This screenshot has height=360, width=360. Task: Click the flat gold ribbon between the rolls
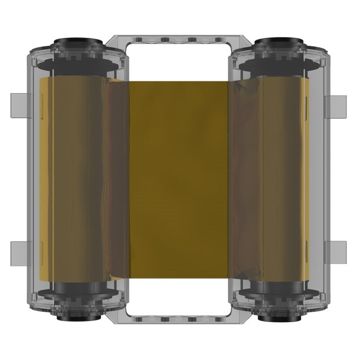click(178, 178)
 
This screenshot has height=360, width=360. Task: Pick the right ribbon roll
click(279, 178)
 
